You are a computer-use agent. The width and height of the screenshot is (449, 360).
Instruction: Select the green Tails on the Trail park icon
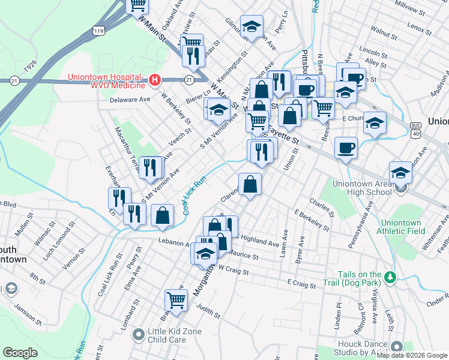pos(391,277)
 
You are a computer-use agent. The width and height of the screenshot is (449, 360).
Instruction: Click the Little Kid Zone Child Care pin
pos(139,333)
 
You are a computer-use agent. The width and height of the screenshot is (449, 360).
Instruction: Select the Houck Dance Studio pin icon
pos(396,346)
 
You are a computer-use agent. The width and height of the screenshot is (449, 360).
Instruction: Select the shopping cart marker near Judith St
pos(176,299)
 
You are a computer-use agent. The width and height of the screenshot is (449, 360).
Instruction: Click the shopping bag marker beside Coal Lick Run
pos(162,214)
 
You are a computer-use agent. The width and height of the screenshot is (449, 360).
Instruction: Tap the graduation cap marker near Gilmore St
pos(252,26)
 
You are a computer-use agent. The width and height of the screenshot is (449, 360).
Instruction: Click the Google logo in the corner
pos(20,353)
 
